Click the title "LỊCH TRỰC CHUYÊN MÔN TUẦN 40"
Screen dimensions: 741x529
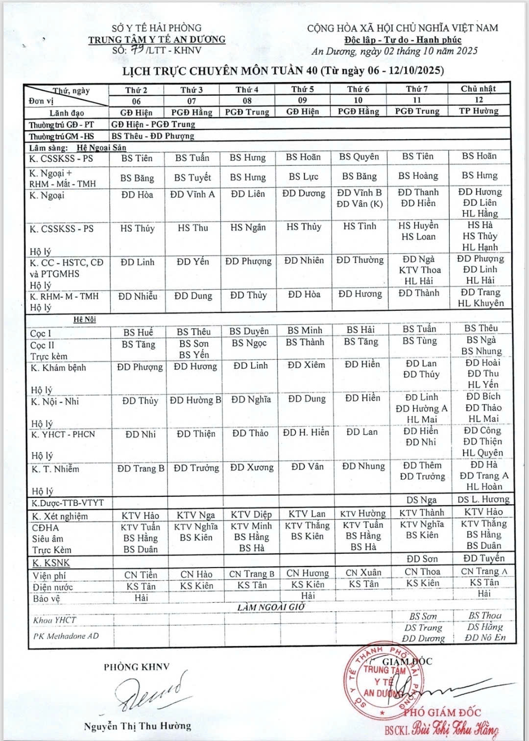click(x=220, y=71)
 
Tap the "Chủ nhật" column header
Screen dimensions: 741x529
click(x=478, y=89)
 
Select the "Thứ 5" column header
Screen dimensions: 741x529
click(x=302, y=89)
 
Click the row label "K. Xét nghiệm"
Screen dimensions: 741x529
click(x=59, y=516)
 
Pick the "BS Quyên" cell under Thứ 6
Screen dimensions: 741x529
click(x=359, y=157)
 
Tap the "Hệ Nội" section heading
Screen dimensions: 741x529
click(x=85, y=320)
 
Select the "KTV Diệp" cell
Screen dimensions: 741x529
click(x=251, y=515)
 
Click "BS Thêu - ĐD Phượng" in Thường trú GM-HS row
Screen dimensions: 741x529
click(x=153, y=136)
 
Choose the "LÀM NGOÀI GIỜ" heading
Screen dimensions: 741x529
click(x=270, y=607)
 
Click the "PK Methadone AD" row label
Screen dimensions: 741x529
click(x=66, y=636)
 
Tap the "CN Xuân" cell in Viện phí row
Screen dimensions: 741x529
click(x=363, y=572)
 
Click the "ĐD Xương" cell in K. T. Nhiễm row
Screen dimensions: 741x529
click(x=252, y=468)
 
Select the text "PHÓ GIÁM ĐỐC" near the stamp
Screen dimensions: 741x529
click(x=442, y=713)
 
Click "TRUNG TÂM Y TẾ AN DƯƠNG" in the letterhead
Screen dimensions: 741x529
click(x=157, y=40)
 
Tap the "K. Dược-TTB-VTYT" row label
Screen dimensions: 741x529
click(x=68, y=503)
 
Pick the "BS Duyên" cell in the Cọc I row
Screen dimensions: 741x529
click(x=249, y=331)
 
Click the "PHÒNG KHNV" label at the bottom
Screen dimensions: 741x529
click(x=136, y=667)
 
